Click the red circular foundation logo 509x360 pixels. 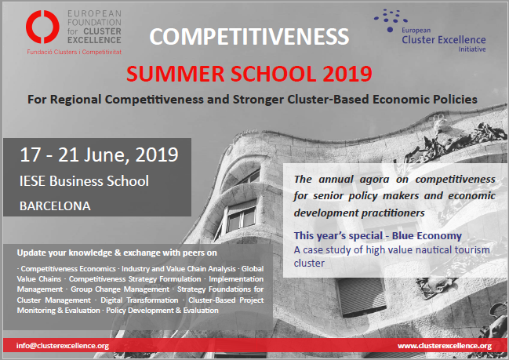42,27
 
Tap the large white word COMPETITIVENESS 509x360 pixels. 249,36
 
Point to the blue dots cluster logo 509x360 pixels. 391,20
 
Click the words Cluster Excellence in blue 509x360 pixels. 444,40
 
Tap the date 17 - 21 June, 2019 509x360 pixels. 99,155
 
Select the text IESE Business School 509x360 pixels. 84,181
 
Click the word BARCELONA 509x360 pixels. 55,206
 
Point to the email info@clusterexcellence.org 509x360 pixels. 63,346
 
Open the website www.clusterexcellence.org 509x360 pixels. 445,346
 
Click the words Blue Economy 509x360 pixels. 427,235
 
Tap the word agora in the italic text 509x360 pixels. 374,180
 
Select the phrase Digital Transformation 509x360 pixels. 140,300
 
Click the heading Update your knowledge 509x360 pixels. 117,253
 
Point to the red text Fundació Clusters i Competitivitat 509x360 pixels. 74,52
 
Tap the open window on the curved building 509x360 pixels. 241,216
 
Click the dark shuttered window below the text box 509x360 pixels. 362,296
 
